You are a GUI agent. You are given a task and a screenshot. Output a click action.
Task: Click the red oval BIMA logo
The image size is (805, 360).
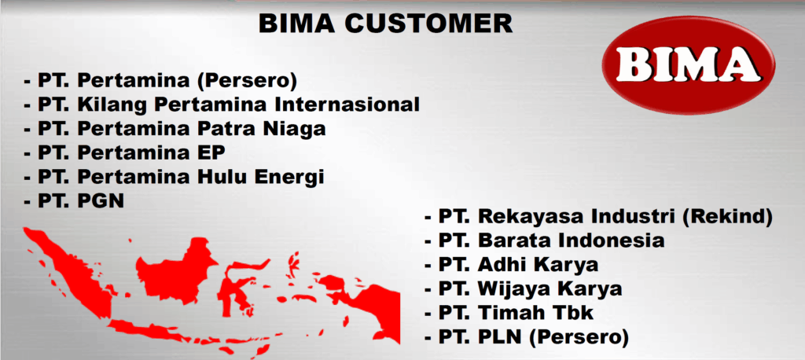tap(688, 65)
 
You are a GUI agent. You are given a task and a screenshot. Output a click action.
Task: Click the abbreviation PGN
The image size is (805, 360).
tap(101, 200)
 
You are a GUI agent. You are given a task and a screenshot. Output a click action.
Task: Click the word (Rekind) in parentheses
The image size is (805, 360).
tap(727, 218)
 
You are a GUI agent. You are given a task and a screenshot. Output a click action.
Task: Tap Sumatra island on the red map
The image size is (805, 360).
tap(72, 272)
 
